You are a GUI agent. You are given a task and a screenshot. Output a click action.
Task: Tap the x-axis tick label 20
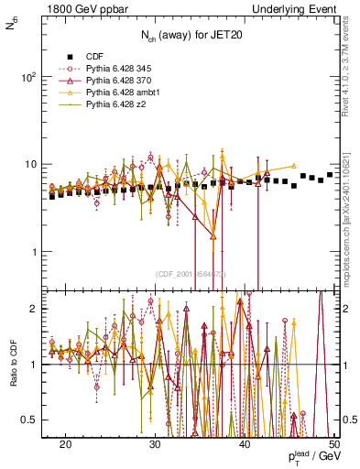click(x=65, y=443)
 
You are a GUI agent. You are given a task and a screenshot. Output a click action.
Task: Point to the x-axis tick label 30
click(x=155, y=443)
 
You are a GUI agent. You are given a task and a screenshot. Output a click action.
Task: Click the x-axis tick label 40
click(x=245, y=443)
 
